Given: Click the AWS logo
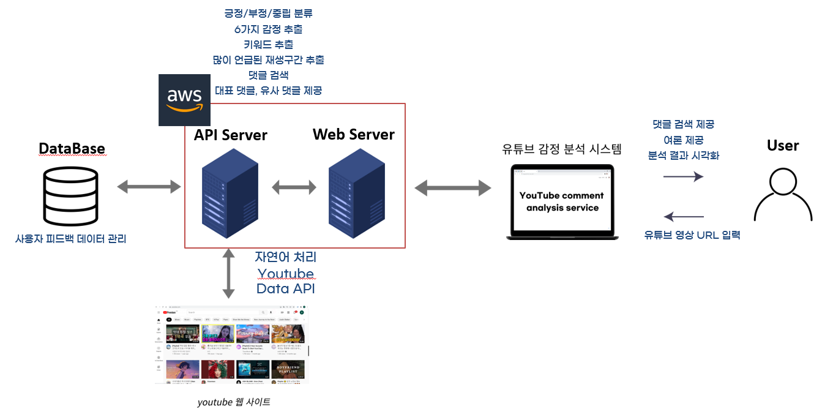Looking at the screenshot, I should [x=184, y=100].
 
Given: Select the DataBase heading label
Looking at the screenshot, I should [x=72, y=149].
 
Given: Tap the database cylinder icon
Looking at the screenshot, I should [x=70, y=196].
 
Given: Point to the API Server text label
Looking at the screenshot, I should [x=231, y=135].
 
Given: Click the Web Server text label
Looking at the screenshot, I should [x=354, y=134].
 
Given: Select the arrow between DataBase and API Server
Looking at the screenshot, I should [x=149, y=187].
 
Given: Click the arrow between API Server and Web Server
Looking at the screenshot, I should [x=293, y=187].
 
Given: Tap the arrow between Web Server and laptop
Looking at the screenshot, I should [x=453, y=187].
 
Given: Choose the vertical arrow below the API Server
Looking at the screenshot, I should [x=229, y=273].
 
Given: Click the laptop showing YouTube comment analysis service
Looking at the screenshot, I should [x=560, y=202].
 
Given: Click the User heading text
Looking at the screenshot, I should [x=783, y=146].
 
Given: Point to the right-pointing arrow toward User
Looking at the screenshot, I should [x=683, y=177].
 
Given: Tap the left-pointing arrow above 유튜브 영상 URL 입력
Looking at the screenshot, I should [x=684, y=216].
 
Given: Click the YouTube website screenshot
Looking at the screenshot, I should [x=231, y=344].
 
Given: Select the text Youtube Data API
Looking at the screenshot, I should [x=285, y=281].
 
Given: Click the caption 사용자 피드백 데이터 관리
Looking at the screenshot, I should [x=70, y=239].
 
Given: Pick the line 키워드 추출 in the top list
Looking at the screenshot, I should [x=268, y=44].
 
